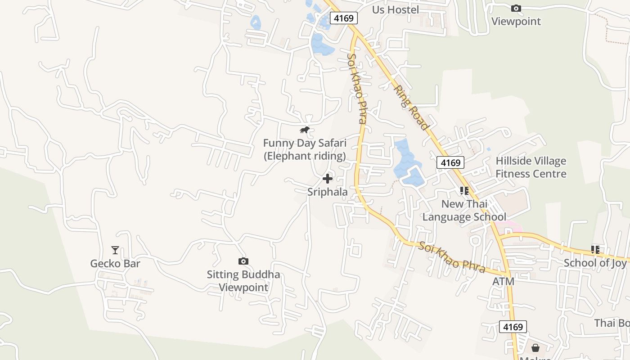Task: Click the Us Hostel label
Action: tap(396, 10)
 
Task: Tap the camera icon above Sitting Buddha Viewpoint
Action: tap(243, 261)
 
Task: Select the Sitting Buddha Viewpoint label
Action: tap(243, 281)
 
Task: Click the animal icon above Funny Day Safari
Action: tap(305, 130)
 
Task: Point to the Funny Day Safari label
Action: tap(305, 149)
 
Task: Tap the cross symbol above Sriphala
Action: tap(328, 179)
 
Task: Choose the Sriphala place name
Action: tap(328, 192)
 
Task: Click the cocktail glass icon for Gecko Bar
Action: tap(115, 250)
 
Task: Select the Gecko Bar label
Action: tap(115, 264)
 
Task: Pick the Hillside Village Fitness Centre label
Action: tap(531, 167)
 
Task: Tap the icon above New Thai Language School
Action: tap(464, 191)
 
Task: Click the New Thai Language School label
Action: tap(464, 210)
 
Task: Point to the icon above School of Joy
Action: tap(595, 249)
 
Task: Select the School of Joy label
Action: tap(595, 263)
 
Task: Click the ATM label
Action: tap(503, 281)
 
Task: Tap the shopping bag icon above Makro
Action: tap(535, 348)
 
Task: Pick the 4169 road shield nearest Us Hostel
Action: tap(344, 18)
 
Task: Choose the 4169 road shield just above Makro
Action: tap(513, 327)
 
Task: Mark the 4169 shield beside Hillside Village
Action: tap(450, 163)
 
